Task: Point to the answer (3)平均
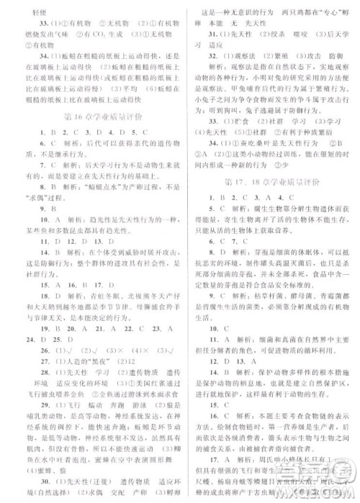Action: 330,104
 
